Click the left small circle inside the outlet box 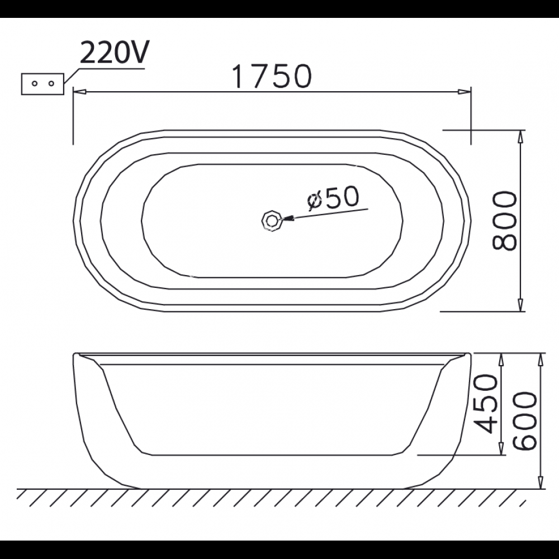pyautogui.click(x=34, y=83)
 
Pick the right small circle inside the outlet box pyautogui.click(x=51, y=83)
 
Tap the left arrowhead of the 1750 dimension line pyautogui.click(x=79, y=91)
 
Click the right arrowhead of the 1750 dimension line pyautogui.click(x=464, y=91)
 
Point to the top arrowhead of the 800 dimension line pyautogui.click(x=521, y=136)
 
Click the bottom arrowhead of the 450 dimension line pyautogui.click(x=501, y=449)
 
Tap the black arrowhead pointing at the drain pyautogui.click(x=288, y=219)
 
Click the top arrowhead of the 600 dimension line pyautogui.click(x=541, y=359)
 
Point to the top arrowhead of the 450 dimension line pyautogui.click(x=501, y=359)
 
